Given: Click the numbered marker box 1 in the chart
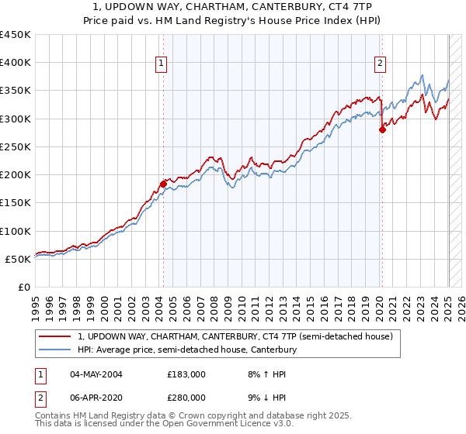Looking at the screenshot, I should (x=162, y=64).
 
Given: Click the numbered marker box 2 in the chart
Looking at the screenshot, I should (x=381, y=64).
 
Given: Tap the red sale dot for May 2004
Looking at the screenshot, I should (x=163, y=184).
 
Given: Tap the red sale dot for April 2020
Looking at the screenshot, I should (x=382, y=130).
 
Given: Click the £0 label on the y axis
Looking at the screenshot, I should (x=25, y=287).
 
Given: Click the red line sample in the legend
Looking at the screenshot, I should (x=55, y=336).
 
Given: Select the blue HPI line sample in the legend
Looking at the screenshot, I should (x=55, y=350).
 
